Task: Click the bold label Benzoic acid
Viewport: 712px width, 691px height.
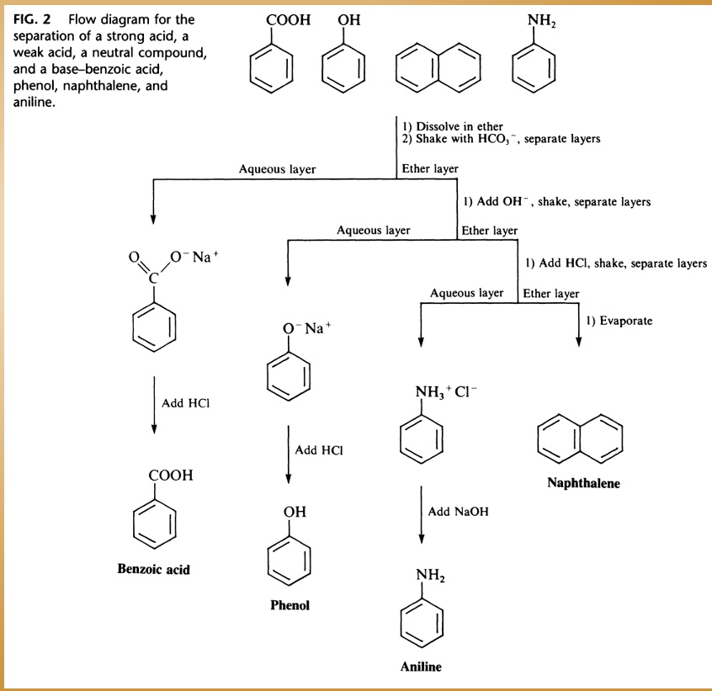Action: pos(153,570)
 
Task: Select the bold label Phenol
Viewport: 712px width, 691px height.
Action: pos(290,606)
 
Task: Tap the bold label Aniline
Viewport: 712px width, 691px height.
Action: pos(421,667)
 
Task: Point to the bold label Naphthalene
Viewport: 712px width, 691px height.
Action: pos(583,483)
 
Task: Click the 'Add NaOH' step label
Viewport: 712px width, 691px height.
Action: pos(458,511)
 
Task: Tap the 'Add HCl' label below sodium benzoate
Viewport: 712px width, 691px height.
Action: pos(186,403)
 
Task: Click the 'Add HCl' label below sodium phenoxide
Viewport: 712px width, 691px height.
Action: pos(321,450)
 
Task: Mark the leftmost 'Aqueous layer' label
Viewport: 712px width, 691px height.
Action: pos(277,169)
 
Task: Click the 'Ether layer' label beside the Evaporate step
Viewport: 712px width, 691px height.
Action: pos(551,294)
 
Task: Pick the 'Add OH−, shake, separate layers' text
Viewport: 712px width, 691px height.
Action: pos(556,202)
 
